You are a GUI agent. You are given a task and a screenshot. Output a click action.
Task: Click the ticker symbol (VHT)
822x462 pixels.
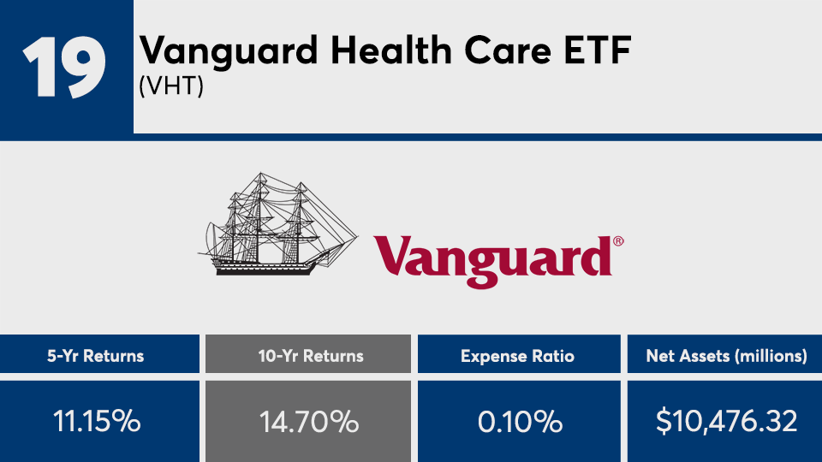(171, 86)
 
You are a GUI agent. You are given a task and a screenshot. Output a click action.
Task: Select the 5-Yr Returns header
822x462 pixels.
(99, 355)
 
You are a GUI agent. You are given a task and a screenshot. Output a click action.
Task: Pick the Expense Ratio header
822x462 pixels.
(517, 355)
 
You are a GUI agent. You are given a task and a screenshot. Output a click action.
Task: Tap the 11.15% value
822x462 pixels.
(99, 421)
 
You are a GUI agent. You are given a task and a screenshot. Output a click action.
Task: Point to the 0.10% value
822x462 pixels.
(517, 421)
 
